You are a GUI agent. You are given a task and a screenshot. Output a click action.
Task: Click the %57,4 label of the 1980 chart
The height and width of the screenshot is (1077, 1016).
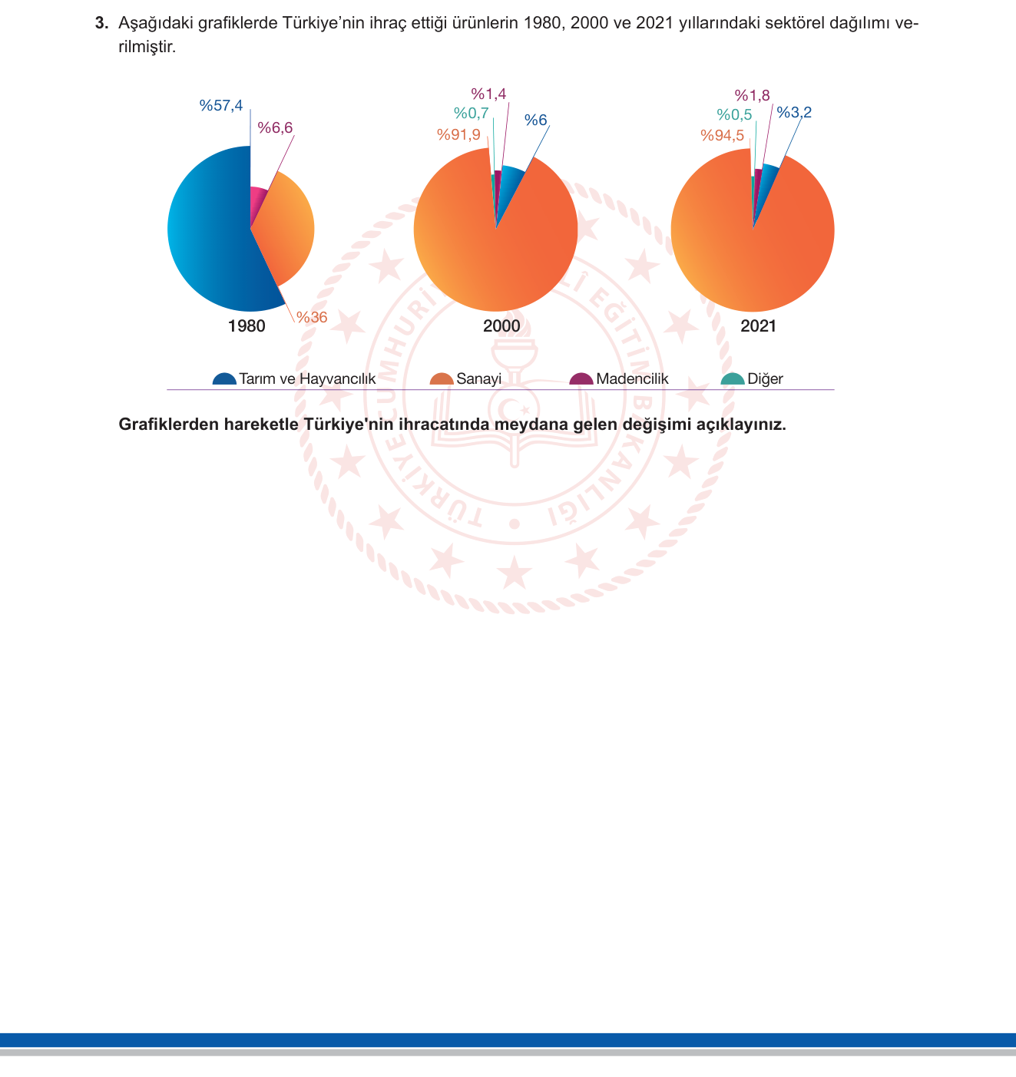(x=221, y=105)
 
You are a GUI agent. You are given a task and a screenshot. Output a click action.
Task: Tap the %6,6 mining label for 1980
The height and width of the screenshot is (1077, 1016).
(x=275, y=127)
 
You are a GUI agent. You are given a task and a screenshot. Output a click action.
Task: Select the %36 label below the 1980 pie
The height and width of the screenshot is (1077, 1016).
(x=312, y=317)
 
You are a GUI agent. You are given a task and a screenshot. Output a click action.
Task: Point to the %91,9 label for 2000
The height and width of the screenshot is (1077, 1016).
(x=458, y=134)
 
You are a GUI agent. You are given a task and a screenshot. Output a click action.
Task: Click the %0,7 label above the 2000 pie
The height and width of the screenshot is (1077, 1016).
(x=471, y=114)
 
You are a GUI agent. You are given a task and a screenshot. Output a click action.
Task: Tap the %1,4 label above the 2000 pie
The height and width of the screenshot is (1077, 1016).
(x=488, y=94)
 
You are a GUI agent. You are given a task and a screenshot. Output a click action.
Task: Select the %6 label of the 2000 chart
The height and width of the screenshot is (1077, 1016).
(x=536, y=120)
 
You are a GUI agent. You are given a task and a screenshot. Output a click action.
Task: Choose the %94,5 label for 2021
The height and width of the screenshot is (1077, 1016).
(x=722, y=136)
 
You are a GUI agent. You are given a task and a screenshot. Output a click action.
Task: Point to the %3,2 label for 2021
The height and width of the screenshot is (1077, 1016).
(x=794, y=112)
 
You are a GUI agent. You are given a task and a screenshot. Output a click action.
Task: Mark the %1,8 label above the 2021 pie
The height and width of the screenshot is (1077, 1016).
(x=753, y=95)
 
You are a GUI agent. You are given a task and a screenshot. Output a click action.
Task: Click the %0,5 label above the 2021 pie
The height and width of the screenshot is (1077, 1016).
(x=734, y=114)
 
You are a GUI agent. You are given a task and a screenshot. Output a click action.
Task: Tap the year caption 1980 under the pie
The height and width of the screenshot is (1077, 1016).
(x=247, y=326)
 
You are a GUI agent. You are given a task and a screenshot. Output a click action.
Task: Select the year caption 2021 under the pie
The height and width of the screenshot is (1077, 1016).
(x=758, y=326)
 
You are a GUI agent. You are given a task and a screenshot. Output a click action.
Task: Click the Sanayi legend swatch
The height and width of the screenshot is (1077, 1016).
(x=442, y=379)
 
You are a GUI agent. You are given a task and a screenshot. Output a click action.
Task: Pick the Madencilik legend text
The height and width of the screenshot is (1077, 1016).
(x=632, y=378)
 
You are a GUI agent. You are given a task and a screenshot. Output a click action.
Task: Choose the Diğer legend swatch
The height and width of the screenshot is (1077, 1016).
(x=732, y=379)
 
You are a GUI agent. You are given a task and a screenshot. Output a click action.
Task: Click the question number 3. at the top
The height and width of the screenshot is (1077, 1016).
(x=101, y=23)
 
